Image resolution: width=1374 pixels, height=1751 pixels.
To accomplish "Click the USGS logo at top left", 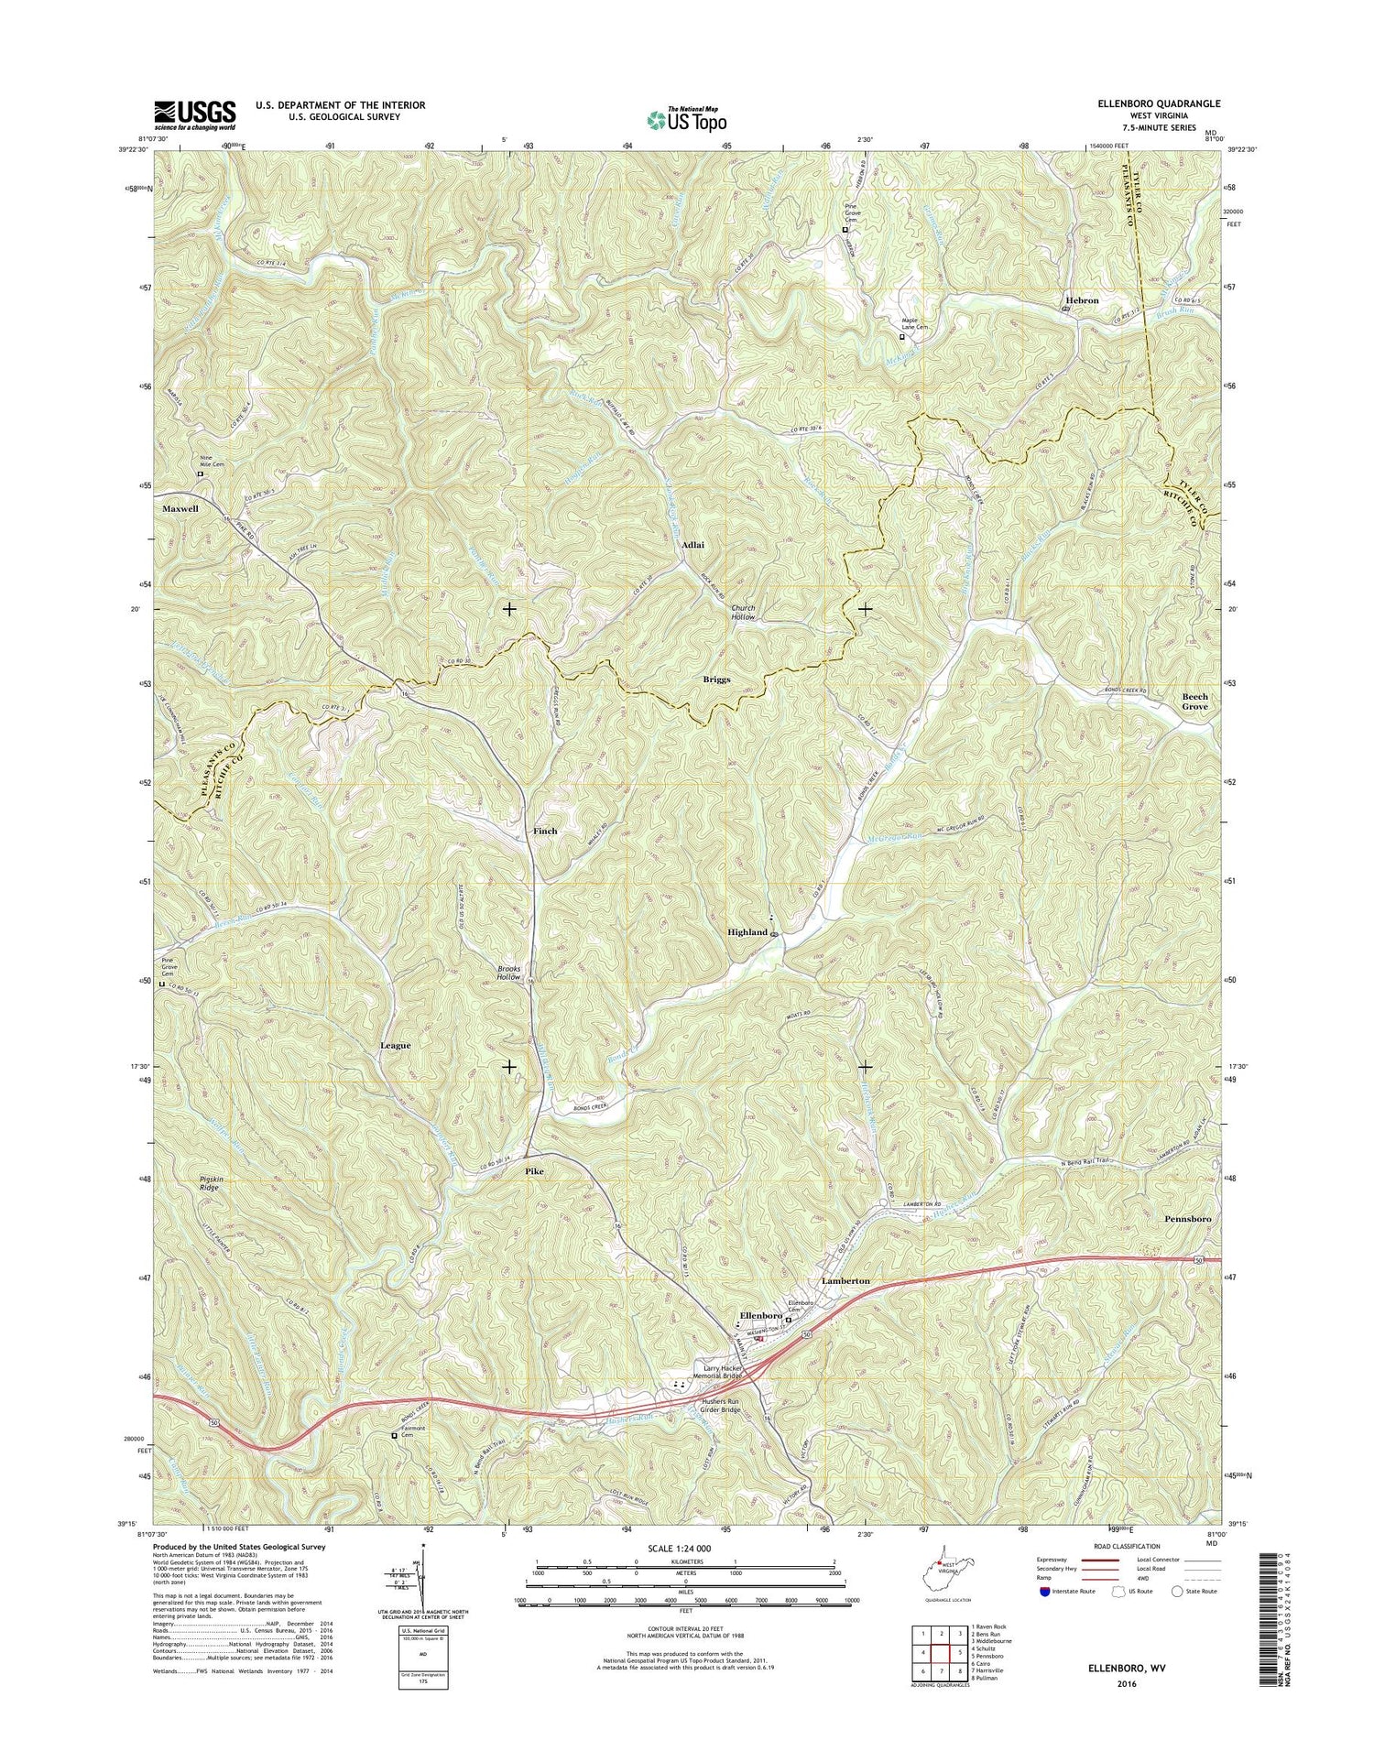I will pos(194,116).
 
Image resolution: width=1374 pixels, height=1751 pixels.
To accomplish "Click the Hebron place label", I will pos(1082,300).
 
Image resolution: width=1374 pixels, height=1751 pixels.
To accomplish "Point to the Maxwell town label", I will pos(180,508).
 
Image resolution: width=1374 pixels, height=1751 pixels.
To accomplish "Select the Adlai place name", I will pos(692,544).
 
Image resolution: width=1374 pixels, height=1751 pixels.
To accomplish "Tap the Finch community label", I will pos(545,831).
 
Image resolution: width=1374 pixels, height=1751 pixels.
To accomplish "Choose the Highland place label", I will pos(747,932).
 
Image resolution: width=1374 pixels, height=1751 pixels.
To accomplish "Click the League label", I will pos(396,1045).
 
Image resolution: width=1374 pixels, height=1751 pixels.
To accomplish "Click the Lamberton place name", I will pos(845,1280).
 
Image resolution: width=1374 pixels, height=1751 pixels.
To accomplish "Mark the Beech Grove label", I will pos(1194,701).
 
